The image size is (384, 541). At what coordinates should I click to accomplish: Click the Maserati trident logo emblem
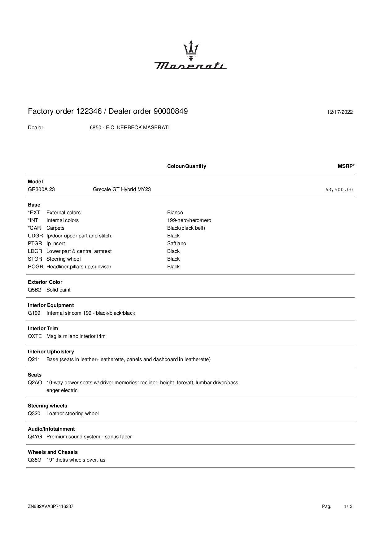click(191, 49)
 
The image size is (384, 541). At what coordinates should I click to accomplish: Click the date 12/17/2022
click(340, 112)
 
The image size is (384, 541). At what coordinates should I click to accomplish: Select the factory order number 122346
click(89, 111)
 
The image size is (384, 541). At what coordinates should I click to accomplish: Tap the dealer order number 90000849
click(171, 111)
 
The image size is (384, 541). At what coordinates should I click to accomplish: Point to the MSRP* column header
click(346, 166)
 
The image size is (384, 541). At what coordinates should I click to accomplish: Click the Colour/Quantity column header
click(186, 166)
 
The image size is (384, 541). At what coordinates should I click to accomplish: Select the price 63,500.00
click(339, 190)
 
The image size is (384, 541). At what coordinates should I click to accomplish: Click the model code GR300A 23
click(41, 190)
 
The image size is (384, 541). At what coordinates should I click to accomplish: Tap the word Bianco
click(175, 213)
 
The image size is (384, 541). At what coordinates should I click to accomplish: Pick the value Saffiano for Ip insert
click(177, 244)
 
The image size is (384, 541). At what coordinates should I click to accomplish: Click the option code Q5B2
click(34, 290)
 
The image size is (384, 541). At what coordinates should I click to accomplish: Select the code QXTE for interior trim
click(35, 336)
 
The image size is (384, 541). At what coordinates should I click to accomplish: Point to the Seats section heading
click(35, 375)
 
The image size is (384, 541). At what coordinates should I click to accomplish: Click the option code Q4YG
click(35, 437)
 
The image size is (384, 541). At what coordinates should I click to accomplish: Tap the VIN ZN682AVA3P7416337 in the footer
click(50, 506)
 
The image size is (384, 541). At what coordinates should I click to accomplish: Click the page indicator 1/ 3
click(348, 506)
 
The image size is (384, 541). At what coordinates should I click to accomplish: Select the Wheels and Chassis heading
click(53, 452)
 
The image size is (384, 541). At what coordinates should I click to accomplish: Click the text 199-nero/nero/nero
click(189, 220)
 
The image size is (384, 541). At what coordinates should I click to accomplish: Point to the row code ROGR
click(35, 267)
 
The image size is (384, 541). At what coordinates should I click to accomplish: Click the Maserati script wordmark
click(190, 66)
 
